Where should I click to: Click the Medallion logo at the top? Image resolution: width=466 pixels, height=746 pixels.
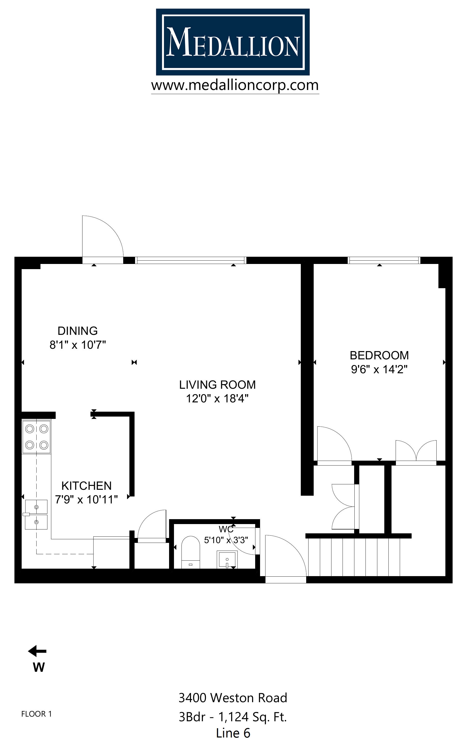point(233,42)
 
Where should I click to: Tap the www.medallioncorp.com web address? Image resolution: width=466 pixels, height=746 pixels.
point(235,85)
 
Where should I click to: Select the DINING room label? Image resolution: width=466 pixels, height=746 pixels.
point(78,331)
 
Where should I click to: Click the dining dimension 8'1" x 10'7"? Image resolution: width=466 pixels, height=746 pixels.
point(78,345)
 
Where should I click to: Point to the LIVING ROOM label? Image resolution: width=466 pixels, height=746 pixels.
point(217,385)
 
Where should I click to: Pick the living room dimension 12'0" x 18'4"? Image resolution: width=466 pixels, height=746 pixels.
point(217,399)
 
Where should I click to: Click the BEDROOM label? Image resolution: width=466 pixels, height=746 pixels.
point(379,355)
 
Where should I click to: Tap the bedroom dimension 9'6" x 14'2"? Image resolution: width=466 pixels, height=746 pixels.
point(379,369)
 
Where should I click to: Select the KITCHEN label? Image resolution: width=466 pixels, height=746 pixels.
point(86,486)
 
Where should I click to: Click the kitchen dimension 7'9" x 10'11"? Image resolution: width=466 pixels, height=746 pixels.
point(86,500)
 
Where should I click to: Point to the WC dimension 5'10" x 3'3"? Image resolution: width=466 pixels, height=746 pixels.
point(226,540)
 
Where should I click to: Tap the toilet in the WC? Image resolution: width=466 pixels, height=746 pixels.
point(190,552)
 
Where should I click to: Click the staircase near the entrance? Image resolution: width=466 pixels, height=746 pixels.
point(354,557)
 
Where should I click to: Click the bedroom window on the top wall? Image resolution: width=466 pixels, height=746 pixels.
point(384,260)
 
